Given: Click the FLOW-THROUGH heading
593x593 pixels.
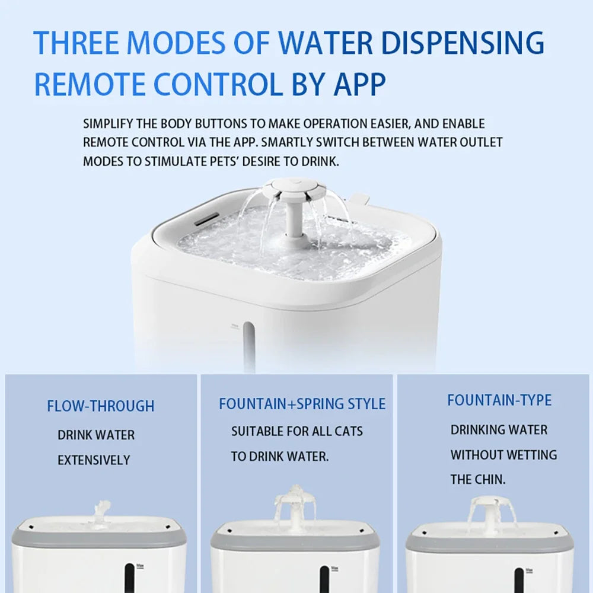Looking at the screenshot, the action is (x=101, y=406).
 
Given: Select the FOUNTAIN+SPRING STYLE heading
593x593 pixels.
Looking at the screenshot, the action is (x=302, y=404).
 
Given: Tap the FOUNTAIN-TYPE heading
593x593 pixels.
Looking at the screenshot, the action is (x=499, y=400).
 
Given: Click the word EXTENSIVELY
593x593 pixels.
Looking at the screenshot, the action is (x=94, y=460).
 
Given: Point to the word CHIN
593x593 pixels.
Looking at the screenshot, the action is (x=490, y=480).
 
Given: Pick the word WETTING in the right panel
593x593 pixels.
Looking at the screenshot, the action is (x=533, y=455).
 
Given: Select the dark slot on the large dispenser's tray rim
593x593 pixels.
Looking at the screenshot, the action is (x=206, y=219).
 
